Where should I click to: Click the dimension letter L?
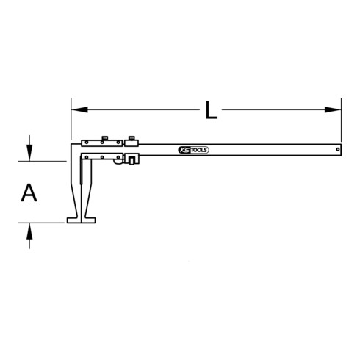tap(211, 111)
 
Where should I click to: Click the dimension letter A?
tap(29, 193)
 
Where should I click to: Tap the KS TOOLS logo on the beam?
tap(194, 150)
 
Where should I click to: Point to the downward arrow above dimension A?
tap(29, 153)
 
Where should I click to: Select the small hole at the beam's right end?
tap(337, 150)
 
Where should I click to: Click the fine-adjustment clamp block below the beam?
tap(132, 161)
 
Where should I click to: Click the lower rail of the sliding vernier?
tap(103, 157)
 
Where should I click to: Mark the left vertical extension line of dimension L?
tap(71, 121)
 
